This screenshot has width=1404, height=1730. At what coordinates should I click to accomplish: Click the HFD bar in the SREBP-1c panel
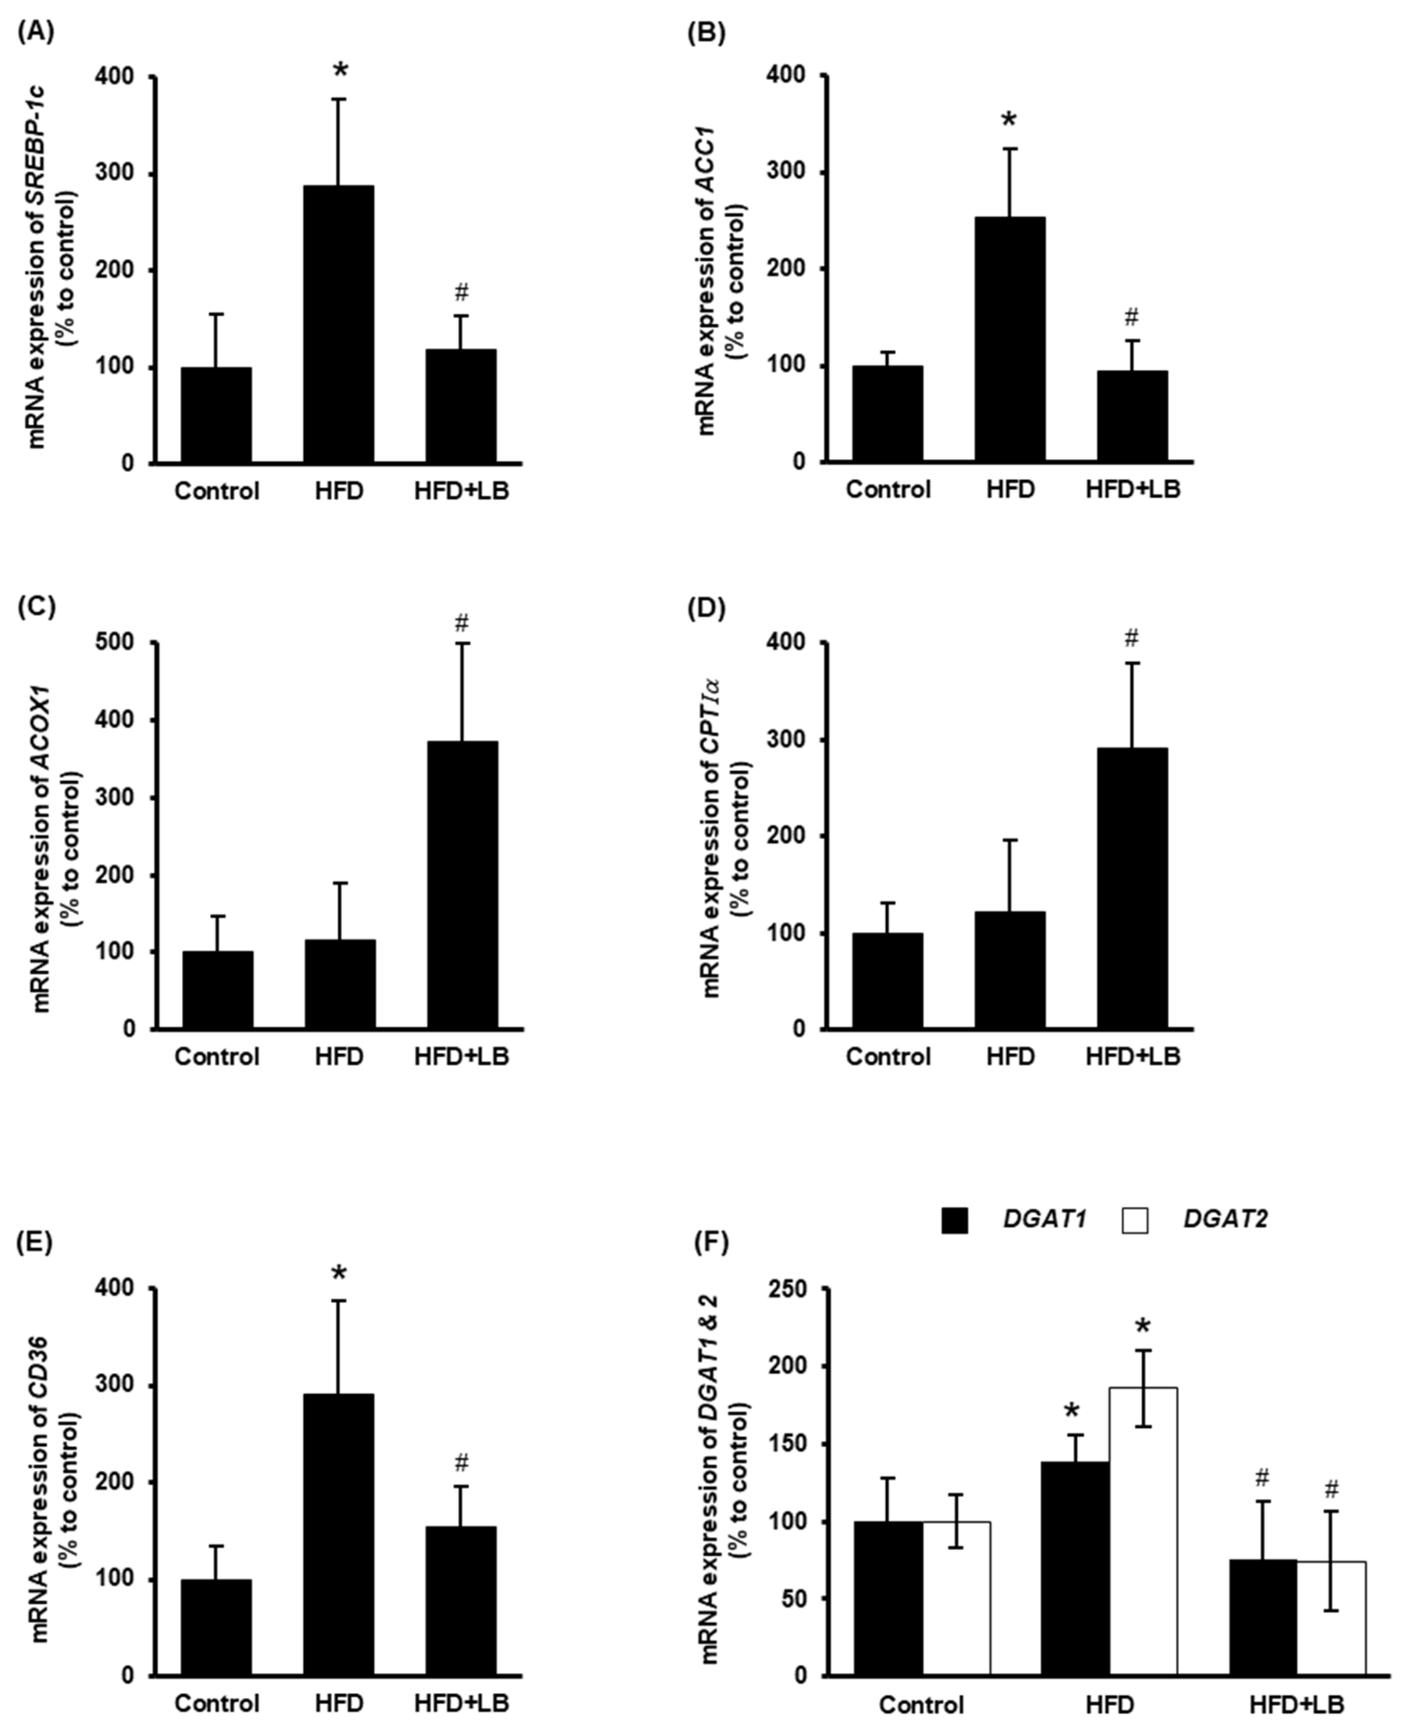[338, 324]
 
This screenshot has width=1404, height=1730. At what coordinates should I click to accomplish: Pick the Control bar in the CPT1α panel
[887, 981]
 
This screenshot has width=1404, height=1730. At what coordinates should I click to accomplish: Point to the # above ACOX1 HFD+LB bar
[462, 623]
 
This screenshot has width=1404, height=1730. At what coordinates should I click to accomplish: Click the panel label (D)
[706, 608]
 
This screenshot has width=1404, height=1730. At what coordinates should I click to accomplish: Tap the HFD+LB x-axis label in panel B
[1132, 490]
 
